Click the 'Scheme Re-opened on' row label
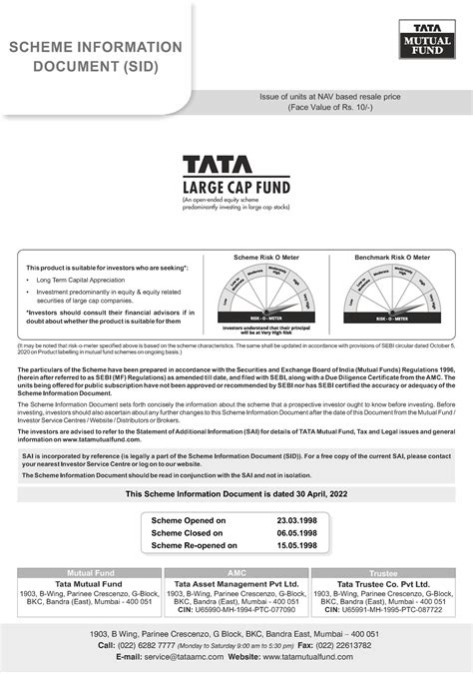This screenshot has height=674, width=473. pyautogui.click(x=195, y=546)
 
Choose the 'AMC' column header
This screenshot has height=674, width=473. pyautogui.click(x=236, y=573)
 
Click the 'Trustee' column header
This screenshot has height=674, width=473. pyautogui.click(x=383, y=573)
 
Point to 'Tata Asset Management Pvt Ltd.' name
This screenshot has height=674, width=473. pyautogui.click(x=236, y=583)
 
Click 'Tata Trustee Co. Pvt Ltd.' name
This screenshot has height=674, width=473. pyautogui.click(x=383, y=583)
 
